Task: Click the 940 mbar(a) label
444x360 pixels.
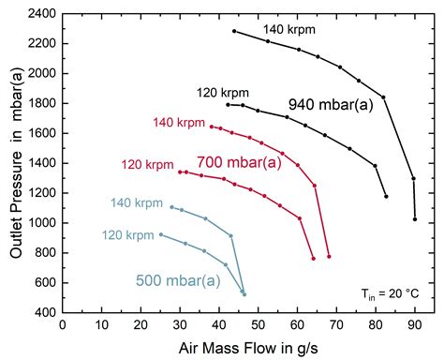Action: coord(331,105)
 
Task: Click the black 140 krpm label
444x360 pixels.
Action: coord(289,29)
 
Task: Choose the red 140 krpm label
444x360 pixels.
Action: coord(177,122)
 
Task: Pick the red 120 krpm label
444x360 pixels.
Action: coord(145,165)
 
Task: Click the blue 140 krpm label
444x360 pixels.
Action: coord(135,202)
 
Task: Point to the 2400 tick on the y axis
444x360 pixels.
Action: coord(38,14)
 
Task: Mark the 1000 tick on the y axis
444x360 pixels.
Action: coord(38,223)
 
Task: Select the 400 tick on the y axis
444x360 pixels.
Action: coord(42,312)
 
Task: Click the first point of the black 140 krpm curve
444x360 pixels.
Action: coord(234,31)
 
